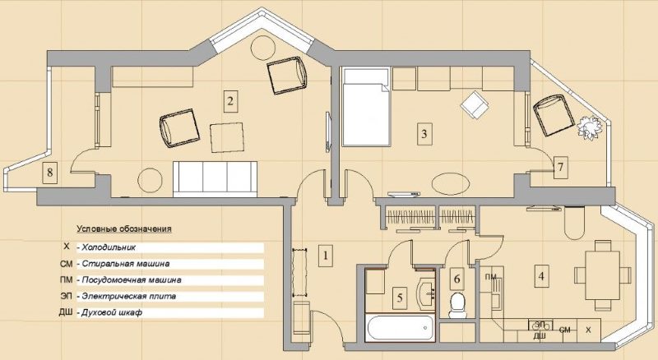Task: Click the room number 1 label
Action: (326, 255)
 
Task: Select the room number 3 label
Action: (424, 133)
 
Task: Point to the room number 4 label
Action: (540, 275)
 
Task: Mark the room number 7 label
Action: (560, 167)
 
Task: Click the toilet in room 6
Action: (457, 305)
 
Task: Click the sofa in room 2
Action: (216, 176)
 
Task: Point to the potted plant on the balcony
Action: (589, 127)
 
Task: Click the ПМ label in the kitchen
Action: (491, 276)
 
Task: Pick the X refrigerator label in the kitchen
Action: (588, 330)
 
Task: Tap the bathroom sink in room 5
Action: (428, 291)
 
